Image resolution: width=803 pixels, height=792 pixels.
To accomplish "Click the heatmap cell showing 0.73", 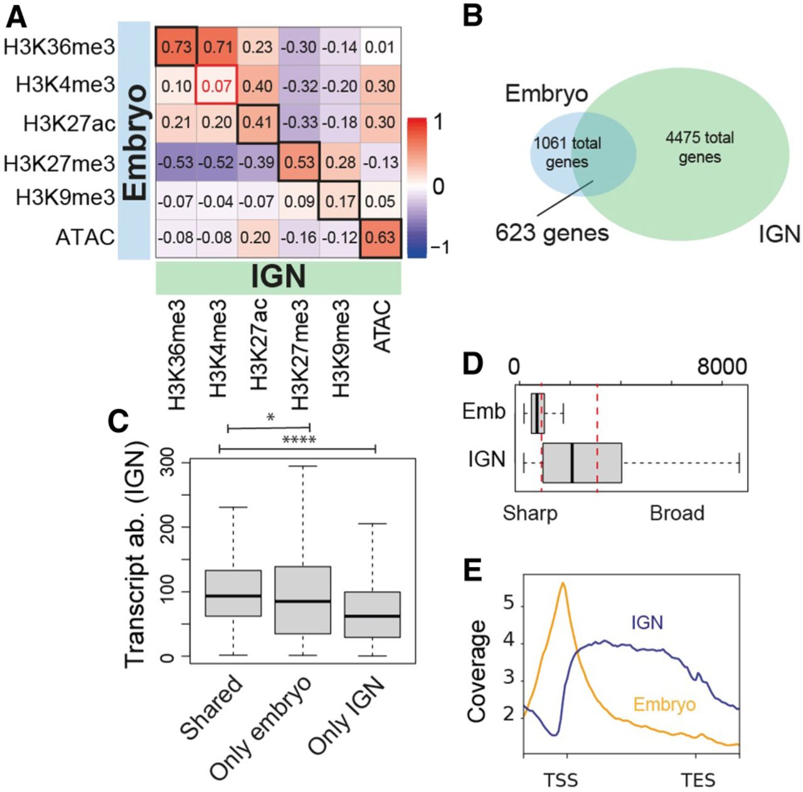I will pyautogui.click(x=176, y=47).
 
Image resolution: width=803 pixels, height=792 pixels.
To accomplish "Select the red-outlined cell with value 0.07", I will pyautogui.click(x=217, y=85).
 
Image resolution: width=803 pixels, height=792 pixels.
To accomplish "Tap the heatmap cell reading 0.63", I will pyautogui.click(x=381, y=238).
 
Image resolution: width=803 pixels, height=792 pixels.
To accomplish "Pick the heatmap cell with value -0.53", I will pyautogui.click(x=176, y=162).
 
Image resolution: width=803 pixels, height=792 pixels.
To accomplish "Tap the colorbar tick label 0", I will pyautogui.click(x=439, y=187).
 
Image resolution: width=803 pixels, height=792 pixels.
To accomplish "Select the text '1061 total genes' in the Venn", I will pyautogui.click(x=567, y=153).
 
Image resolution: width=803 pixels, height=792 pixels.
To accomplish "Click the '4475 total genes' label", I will pyautogui.click(x=699, y=147).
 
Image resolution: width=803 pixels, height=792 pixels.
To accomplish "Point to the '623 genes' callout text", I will pyautogui.click(x=552, y=233).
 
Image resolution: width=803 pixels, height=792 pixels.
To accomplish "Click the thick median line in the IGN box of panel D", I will pyautogui.click(x=572, y=463).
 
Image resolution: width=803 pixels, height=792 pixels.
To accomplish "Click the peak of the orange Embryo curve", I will pyautogui.click(x=563, y=583).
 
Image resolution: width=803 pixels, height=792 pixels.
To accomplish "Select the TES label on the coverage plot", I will pyautogui.click(x=698, y=781).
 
